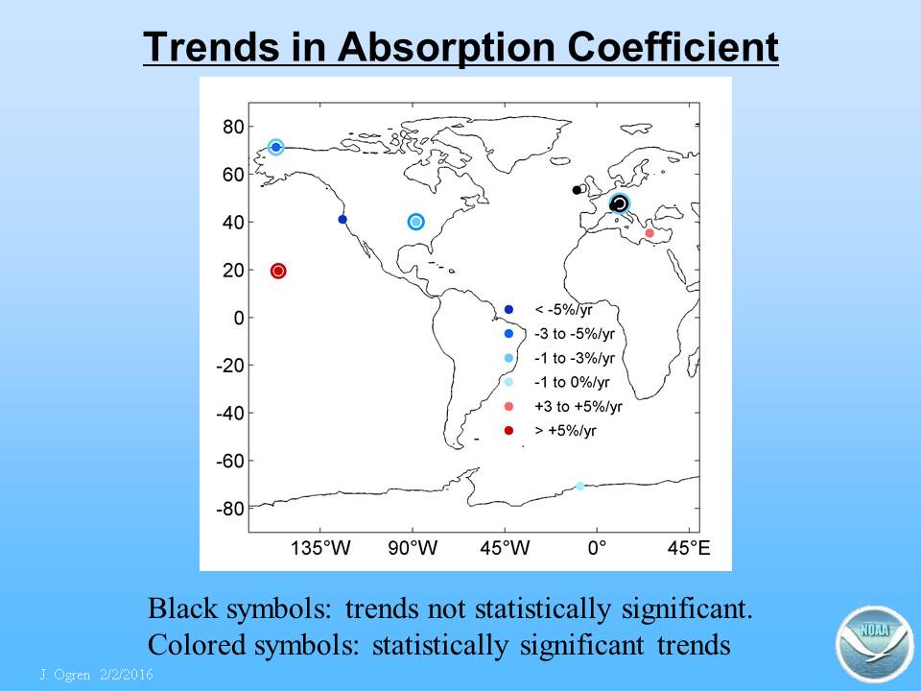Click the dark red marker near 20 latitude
(278, 271)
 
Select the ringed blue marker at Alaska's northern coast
(275, 147)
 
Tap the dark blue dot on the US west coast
(342, 219)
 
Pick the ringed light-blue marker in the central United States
(415, 222)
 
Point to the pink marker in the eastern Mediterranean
(649, 233)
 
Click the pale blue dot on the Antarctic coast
(579, 486)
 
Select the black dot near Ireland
(577, 190)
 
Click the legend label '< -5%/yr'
(563, 310)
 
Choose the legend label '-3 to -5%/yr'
(575, 334)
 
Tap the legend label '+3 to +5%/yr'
(578, 407)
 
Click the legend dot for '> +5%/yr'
(508, 431)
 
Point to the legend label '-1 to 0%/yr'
(572, 383)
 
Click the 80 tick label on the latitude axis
(233, 127)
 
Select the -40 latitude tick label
(230, 413)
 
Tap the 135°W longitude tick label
(320, 548)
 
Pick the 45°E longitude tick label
(689, 548)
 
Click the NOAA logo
(874, 645)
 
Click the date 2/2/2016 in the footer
(127, 674)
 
